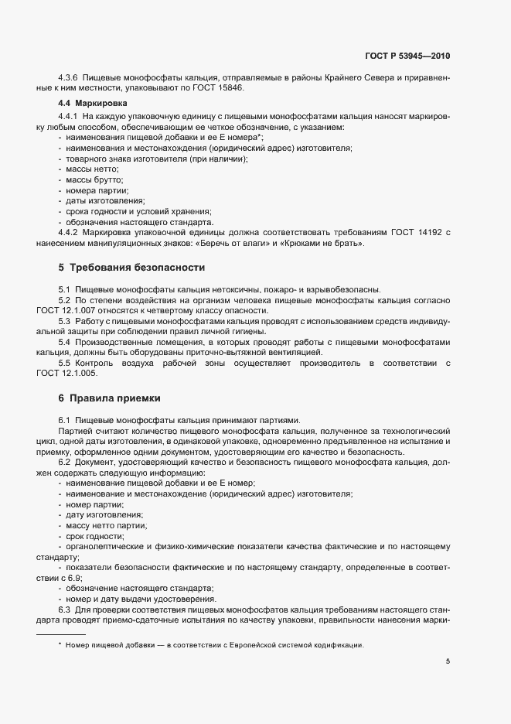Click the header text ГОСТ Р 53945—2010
407,56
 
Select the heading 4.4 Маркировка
87,103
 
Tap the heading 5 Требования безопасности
131,267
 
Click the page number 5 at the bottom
448,661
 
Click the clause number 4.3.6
70,79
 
